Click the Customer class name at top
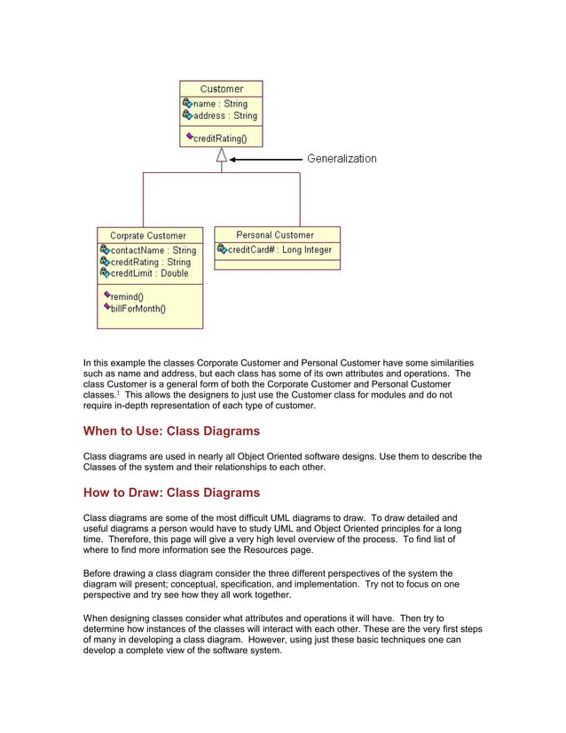(x=221, y=89)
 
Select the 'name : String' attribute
(x=220, y=104)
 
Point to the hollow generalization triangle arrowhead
(x=221, y=156)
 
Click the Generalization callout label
(x=342, y=159)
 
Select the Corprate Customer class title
(x=148, y=236)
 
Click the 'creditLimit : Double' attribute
(x=149, y=273)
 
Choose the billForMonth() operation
(x=138, y=309)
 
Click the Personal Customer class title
(x=275, y=235)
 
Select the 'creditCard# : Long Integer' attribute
(x=279, y=250)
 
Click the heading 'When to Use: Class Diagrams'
(x=171, y=431)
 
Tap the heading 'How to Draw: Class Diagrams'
(x=171, y=493)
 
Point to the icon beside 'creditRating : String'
(x=104, y=262)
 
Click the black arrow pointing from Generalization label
(x=266, y=159)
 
